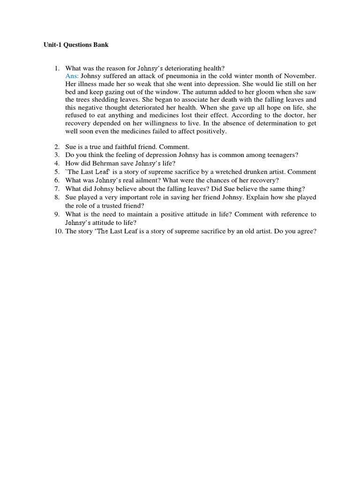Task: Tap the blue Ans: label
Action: point(72,76)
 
